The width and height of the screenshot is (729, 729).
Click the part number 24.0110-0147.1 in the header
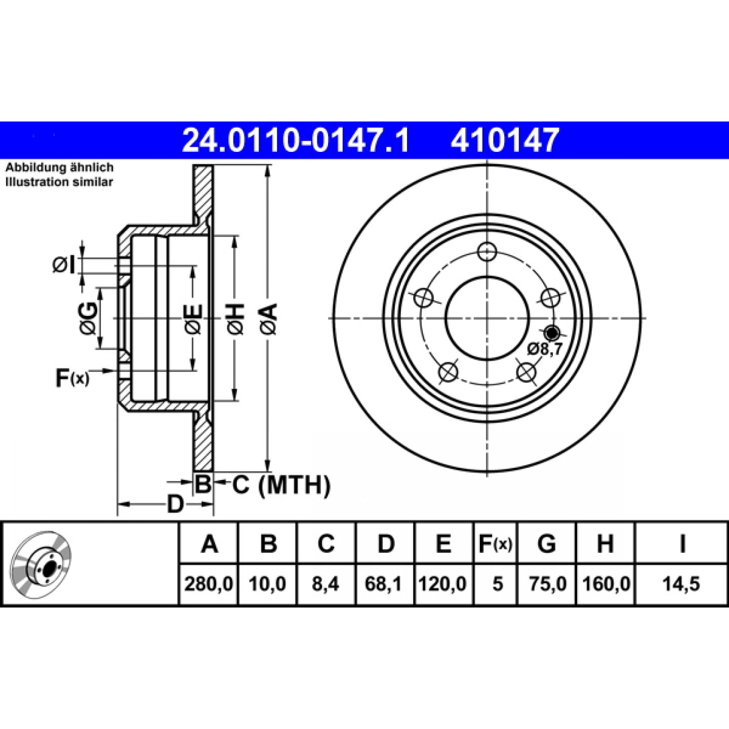tap(295, 140)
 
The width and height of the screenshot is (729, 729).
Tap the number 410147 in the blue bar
tap(505, 140)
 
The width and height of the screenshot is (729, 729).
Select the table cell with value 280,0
tap(209, 584)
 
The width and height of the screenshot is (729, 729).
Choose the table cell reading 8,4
tap(326, 584)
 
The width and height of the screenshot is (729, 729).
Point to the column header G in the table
tap(547, 544)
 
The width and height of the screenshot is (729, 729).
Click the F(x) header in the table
tap(495, 544)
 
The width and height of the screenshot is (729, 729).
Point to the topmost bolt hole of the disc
tap(487, 252)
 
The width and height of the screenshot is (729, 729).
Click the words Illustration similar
tap(59, 182)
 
